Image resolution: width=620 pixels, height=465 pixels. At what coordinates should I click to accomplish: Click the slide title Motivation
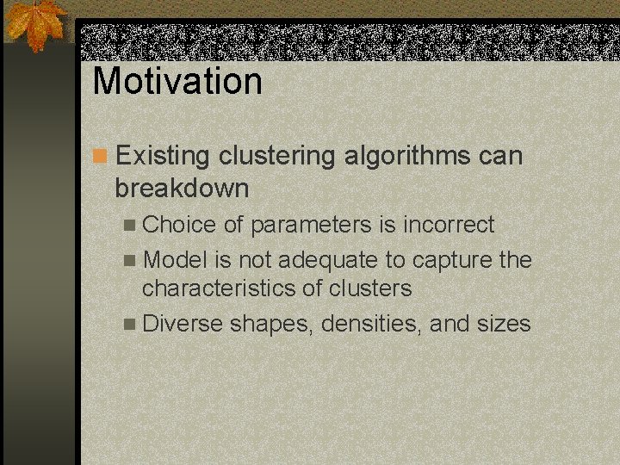coord(177,81)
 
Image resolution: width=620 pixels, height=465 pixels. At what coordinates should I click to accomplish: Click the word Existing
coord(163,156)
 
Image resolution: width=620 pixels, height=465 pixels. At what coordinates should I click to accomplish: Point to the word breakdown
coord(182,188)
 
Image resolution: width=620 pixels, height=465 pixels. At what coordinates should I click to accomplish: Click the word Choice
coord(179,225)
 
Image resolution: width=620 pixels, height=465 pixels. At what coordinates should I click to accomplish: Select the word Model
coord(177,259)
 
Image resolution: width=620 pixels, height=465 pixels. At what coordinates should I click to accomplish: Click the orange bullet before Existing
coord(101,157)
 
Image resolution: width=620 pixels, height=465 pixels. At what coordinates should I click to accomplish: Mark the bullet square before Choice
coord(129,226)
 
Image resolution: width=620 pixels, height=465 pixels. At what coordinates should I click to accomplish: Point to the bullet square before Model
coord(129,260)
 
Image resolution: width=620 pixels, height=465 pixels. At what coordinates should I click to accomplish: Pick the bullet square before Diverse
coord(129,325)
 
